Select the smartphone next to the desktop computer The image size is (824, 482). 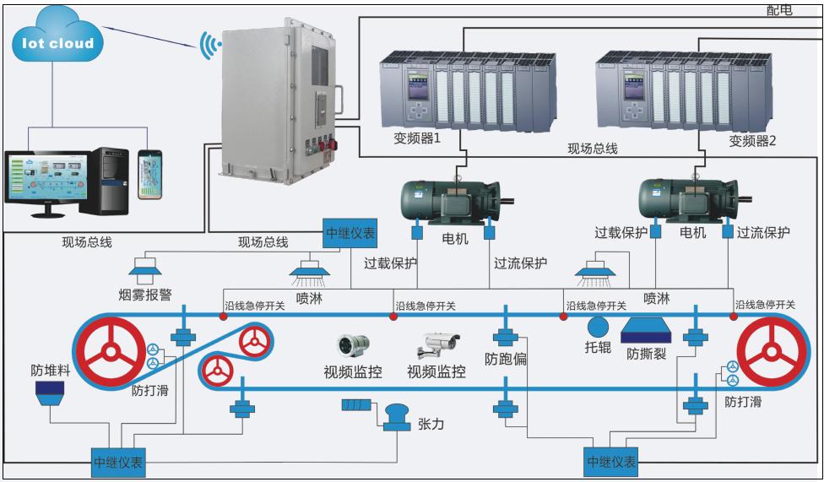pyautogui.click(x=150, y=176)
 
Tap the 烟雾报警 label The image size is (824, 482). pyautogui.click(x=144, y=295)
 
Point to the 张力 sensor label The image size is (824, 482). pyautogui.click(x=431, y=423)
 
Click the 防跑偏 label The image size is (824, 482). pyautogui.click(x=506, y=359)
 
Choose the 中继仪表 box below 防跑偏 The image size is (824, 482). pyautogui.click(x=610, y=461)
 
